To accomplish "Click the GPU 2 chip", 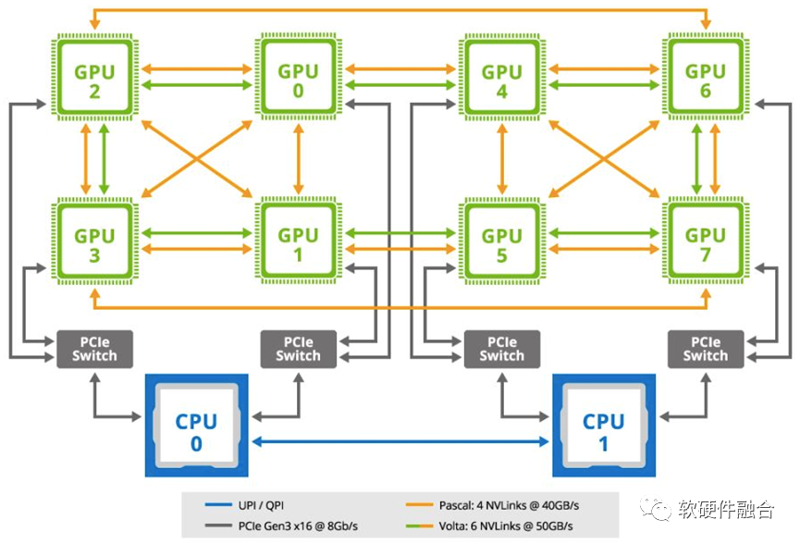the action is (x=94, y=78).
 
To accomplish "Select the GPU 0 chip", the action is (x=299, y=77).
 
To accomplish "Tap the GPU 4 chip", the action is (x=502, y=78).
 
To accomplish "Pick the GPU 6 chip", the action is (x=706, y=77).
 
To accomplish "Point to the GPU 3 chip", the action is (x=94, y=241).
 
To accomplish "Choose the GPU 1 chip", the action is (x=299, y=241).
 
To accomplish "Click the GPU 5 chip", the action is (x=502, y=241).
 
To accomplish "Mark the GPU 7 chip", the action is (x=706, y=241).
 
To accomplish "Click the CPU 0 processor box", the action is (x=196, y=426).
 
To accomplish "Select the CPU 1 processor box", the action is (x=604, y=426).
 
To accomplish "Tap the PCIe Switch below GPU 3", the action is (x=94, y=349).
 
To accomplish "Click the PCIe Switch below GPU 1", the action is (x=299, y=349).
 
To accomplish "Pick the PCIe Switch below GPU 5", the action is (x=502, y=349).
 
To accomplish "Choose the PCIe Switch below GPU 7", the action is (x=706, y=349).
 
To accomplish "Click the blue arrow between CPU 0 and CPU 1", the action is (x=400, y=441).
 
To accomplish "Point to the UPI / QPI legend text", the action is (x=261, y=505).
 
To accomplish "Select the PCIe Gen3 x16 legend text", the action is (x=298, y=525).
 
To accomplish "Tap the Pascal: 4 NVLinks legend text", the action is (x=509, y=505).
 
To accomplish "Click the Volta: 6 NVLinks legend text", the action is (x=506, y=525).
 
